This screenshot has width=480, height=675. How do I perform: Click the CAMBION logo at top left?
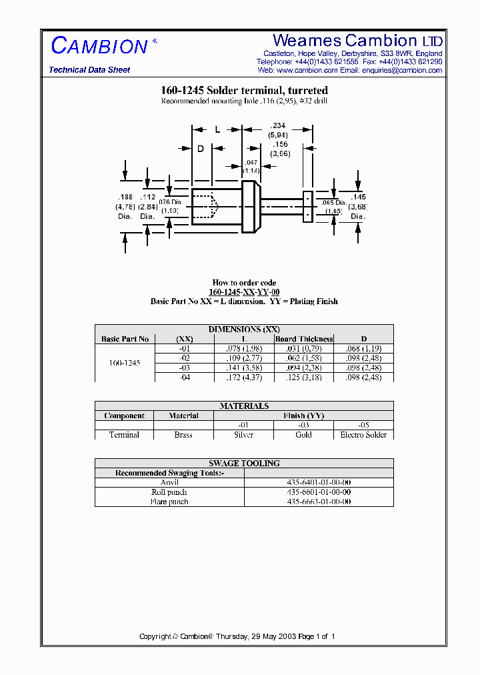pyautogui.click(x=99, y=46)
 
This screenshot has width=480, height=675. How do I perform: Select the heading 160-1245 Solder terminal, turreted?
pyautogui.click(x=244, y=90)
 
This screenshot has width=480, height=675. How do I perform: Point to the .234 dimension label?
pyautogui.click(x=277, y=125)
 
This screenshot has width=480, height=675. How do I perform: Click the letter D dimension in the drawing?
pyautogui.click(x=200, y=149)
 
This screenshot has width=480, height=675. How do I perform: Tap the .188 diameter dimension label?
pyautogui.click(x=125, y=197)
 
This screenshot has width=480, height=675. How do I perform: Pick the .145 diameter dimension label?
pyautogui.click(x=358, y=197)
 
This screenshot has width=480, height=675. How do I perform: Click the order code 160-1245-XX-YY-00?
pyautogui.click(x=244, y=292)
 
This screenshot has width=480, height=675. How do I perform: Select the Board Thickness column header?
pyautogui.click(x=304, y=339)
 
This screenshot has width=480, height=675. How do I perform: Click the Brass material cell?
pyautogui.click(x=183, y=435)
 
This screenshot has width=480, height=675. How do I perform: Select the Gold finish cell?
pyautogui.click(x=303, y=435)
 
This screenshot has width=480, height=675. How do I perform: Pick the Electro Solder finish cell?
pyautogui.click(x=363, y=435)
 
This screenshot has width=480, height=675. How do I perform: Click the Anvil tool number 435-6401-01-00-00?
pyautogui.click(x=319, y=482)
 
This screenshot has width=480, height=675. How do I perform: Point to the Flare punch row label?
pyautogui.click(x=169, y=502)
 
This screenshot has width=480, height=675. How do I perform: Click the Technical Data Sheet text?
pyautogui.click(x=89, y=70)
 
